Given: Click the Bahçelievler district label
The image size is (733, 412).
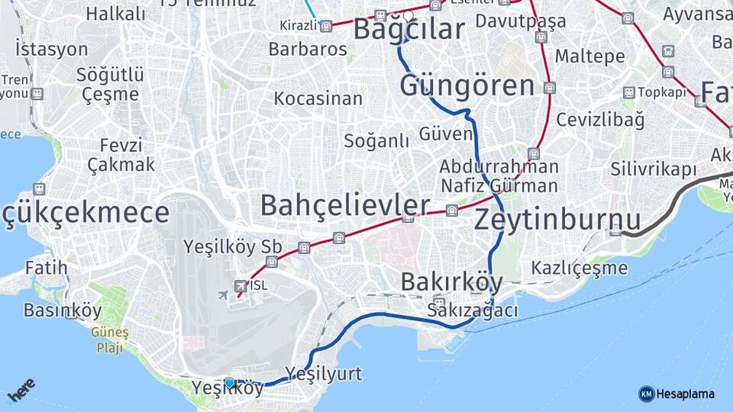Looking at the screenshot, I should pyautogui.click(x=344, y=205).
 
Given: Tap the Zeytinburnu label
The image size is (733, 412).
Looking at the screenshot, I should pyautogui.click(x=558, y=220).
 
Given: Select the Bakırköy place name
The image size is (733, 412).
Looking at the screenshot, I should pyautogui.click(x=452, y=282).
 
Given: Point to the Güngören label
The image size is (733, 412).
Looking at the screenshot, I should pyautogui.click(x=467, y=85).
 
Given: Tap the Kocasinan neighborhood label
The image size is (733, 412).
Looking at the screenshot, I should pyautogui.click(x=318, y=98).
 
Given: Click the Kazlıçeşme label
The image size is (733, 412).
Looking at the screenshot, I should pyautogui.click(x=580, y=268).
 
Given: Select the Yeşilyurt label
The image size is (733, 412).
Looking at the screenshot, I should pyautogui.click(x=324, y=373).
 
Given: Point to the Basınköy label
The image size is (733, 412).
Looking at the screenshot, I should pyautogui.click(x=63, y=311).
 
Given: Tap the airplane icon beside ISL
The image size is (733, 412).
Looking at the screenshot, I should pyautogui.click(x=223, y=295).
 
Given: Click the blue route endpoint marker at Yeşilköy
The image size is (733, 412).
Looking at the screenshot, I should pyautogui.click(x=229, y=382).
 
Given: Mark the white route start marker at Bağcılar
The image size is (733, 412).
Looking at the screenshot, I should pyautogui.click(x=408, y=15).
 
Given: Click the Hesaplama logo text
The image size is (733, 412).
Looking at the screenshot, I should pyautogui.click(x=686, y=394).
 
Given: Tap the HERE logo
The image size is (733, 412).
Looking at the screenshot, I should pyautogui.click(x=21, y=391).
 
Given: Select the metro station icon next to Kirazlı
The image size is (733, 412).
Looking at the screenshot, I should pyautogui.click(x=326, y=26).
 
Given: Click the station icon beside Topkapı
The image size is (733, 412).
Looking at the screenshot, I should pyautogui.click(x=628, y=92).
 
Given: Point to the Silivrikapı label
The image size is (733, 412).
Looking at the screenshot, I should pyautogui.click(x=654, y=169).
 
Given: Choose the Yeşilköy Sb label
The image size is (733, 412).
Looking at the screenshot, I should pyautogui.click(x=233, y=247).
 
